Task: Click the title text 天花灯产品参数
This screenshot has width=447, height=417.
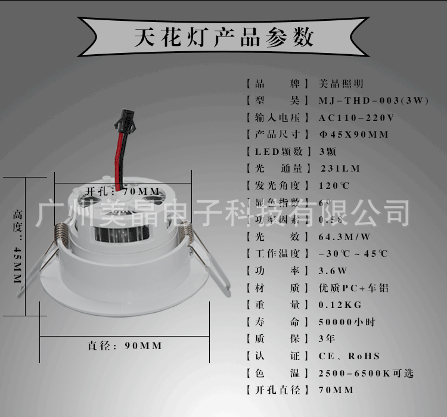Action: coord(223,37)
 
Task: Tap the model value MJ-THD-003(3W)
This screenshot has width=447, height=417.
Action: coord(374,101)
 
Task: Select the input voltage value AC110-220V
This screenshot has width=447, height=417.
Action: coord(356,117)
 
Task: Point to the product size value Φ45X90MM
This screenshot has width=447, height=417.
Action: coord(354,134)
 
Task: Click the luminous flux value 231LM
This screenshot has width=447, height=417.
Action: coord(341,169)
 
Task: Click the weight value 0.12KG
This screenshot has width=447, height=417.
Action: coord(340,305)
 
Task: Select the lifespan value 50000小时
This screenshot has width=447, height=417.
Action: coord(347,322)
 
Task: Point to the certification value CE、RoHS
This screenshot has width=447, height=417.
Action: coord(349,356)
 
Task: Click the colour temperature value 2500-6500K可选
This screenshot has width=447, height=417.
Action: coord(366,374)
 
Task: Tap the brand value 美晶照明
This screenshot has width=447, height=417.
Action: coord(341,84)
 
